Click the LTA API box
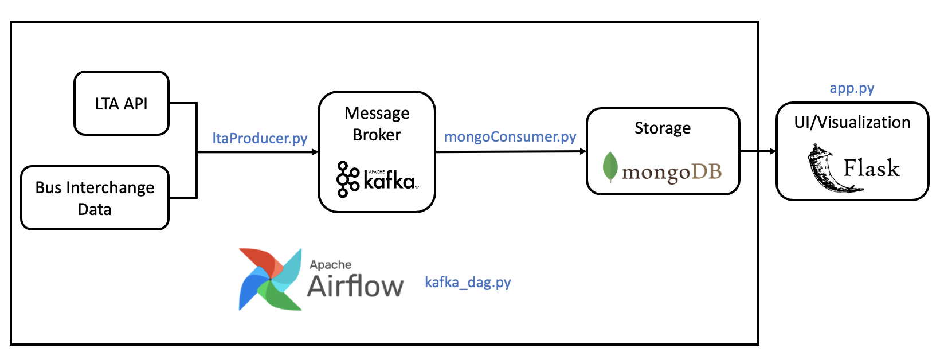(x=122, y=104)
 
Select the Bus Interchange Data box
(x=95, y=198)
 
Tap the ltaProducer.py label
(x=260, y=138)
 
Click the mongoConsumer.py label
(x=510, y=136)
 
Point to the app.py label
(x=852, y=88)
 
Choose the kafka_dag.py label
(x=468, y=282)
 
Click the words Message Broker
(x=377, y=124)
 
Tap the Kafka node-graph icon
(x=347, y=179)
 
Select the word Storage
(x=663, y=128)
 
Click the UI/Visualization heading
(x=852, y=122)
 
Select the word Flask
(x=871, y=168)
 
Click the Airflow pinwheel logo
(x=270, y=279)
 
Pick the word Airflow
(x=355, y=285)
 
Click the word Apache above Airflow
(x=331, y=264)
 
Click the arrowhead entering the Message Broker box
(x=315, y=152)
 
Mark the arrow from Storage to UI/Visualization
(x=758, y=151)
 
